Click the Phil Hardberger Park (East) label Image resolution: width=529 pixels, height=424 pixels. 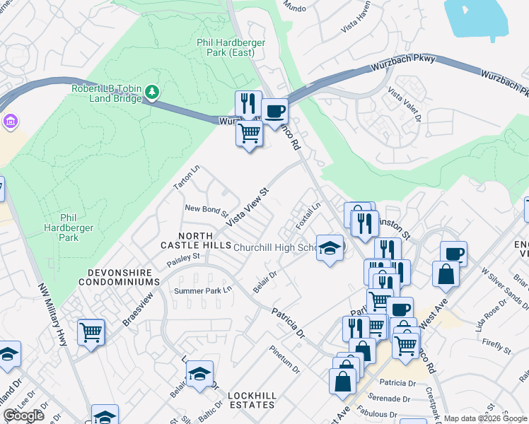pos(231,48)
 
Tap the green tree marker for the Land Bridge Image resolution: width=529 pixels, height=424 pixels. pos(152,91)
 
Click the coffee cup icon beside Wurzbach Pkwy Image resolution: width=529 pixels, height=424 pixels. pos(274,111)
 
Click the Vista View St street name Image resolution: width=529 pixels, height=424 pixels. pos(248,207)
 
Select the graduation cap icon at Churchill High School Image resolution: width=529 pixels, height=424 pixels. pos(330,247)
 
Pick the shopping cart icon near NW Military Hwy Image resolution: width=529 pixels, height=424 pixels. pos(91,331)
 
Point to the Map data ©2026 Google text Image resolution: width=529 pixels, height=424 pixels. pos(484,418)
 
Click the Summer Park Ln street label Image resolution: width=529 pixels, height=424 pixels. pos(204,290)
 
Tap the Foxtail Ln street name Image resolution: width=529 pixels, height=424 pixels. pos(308,216)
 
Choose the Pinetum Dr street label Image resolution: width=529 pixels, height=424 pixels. pos(285,359)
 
